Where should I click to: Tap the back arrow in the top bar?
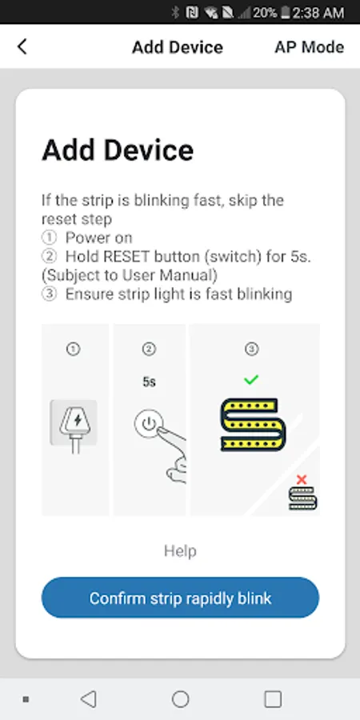[x=22, y=47]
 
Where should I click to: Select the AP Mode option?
[x=309, y=47]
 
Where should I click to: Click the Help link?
[x=180, y=551]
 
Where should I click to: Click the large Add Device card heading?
[x=118, y=150]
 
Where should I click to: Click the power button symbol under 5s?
[x=149, y=423]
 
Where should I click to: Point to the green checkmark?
[x=250, y=380]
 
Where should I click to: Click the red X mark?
[x=302, y=480]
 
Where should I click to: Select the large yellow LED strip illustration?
[x=254, y=425]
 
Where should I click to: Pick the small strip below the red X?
[x=302, y=498]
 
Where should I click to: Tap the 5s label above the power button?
[x=149, y=382]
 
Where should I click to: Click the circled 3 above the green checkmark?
[x=251, y=350]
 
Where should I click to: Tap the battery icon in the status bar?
[x=285, y=12]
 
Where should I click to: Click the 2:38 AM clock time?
[x=318, y=12]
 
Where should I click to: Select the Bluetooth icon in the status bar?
[x=175, y=12]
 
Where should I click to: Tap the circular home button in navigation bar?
[x=181, y=699]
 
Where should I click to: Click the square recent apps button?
[x=273, y=699]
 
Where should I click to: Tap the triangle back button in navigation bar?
[x=88, y=699]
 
